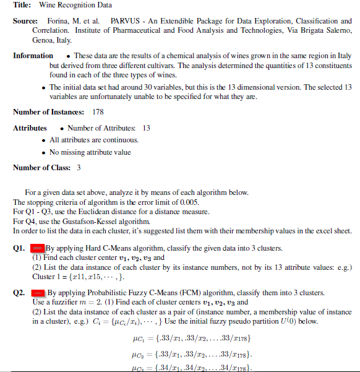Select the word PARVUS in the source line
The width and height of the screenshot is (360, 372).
point(124,21)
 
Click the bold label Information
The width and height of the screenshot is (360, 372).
point(33,56)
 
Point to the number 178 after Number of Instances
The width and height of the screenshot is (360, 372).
point(97,112)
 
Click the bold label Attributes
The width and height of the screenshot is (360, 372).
point(30,128)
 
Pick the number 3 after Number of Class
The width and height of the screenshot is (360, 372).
point(79,168)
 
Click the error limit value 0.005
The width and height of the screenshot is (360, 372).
point(168,202)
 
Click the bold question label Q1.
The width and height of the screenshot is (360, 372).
point(19,248)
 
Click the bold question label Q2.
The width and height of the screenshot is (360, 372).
point(19,292)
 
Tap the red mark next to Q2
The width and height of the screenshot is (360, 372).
point(38,292)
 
